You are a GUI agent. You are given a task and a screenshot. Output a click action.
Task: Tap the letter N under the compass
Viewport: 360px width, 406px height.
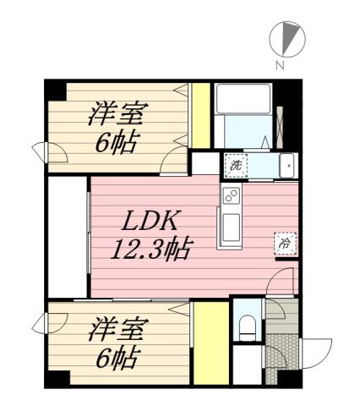pyautogui.click(x=280, y=64)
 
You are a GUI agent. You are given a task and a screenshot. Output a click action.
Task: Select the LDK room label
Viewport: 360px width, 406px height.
pyautogui.click(x=149, y=222)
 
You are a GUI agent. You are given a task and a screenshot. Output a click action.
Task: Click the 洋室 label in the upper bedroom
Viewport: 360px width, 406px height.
pyautogui.click(x=117, y=112)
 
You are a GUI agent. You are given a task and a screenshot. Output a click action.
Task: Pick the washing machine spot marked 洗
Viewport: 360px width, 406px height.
pyautogui.click(x=236, y=165)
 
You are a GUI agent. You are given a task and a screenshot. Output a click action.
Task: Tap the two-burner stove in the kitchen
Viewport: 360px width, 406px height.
pyautogui.click(x=231, y=198)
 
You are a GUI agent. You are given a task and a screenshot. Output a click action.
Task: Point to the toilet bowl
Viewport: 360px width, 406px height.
pyautogui.click(x=247, y=326)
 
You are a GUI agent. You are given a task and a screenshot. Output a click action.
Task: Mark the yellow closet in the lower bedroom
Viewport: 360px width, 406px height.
pyautogui.click(x=208, y=343)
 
